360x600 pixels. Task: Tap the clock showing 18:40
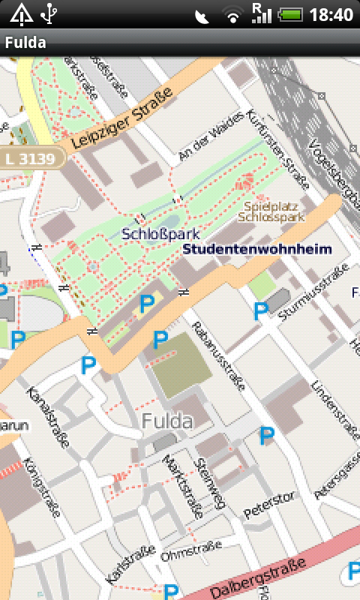pos(331,14)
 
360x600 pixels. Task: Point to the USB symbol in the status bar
pos(49,13)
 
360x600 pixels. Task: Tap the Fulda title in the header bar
pos(25,43)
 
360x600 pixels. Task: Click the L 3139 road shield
pos(29,158)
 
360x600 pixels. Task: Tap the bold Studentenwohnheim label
pos(256,249)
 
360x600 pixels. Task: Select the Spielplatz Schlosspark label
pos(271,211)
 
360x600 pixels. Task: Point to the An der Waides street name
pos(211,136)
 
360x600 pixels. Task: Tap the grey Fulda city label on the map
pos(166,421)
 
